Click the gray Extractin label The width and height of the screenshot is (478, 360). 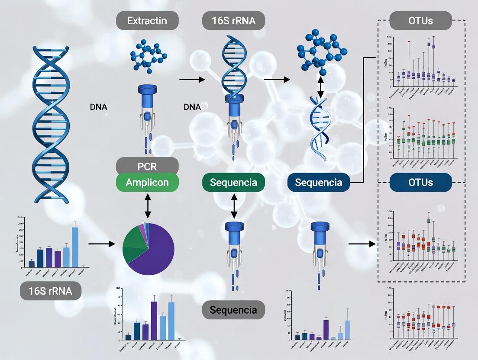(x=147, y=20)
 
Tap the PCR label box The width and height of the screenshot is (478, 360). (x=147, y=166)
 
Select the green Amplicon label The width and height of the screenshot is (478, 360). (x=147, y=182)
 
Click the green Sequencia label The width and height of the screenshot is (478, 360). (x=233, y=182)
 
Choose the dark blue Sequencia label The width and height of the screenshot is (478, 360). (x=319, y=182)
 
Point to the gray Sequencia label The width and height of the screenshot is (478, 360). (x=233, y=310)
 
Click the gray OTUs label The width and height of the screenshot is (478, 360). (x=420, y=20)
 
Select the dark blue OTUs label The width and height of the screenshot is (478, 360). (x=420, y=182)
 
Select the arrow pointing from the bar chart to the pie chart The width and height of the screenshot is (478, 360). (x=102, y=244)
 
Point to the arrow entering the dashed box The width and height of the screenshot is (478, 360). (x=362, y=244)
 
